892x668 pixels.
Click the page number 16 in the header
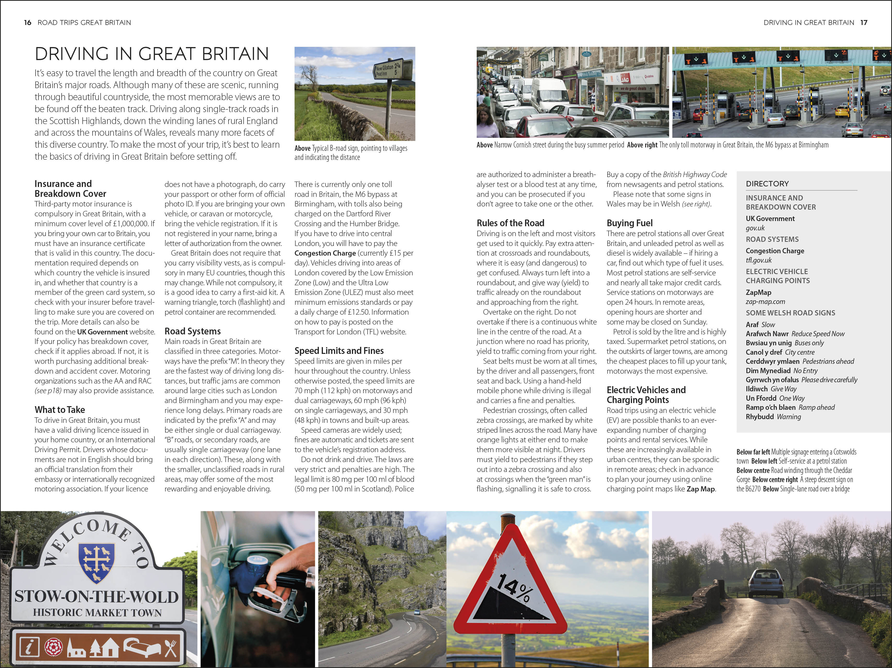pos(27,23)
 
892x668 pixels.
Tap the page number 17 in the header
pos(863,23)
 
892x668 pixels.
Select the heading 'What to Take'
pos(60,410)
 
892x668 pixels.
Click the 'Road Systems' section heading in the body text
pos(192,331)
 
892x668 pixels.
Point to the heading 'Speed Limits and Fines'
pos(339,351)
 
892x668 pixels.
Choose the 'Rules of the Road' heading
pos(510,223)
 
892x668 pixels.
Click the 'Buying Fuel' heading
pos(629,223)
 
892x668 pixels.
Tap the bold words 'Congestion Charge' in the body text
pos(325,253)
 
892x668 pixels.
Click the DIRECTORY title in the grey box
pos(767,184)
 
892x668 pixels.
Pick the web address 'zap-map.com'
pos(765,302)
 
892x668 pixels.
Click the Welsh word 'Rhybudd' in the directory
pos(759,417)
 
